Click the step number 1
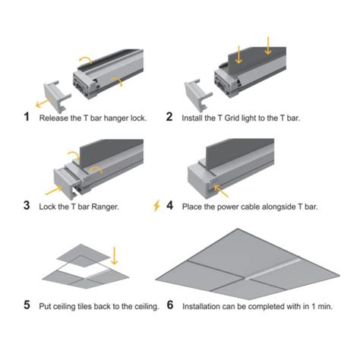(27, 118)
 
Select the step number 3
(27, 206)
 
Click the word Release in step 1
(55, 118)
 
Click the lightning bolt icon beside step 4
(156, 206)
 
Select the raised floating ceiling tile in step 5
(84, 252)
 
